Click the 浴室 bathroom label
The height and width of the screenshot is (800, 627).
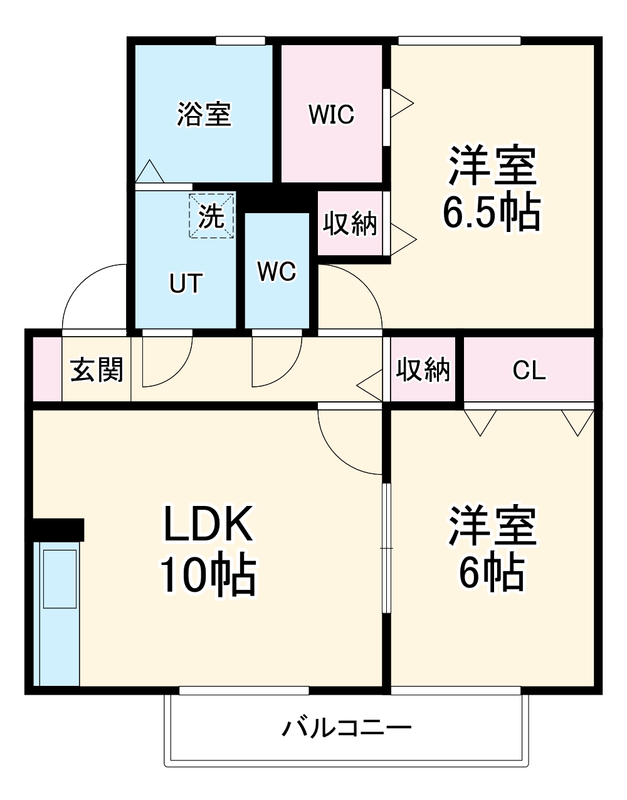tap(204, 115)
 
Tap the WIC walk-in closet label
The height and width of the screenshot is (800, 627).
tap(331, 115)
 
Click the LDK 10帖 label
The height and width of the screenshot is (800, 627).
tap(208, 549)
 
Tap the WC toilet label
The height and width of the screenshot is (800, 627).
tap(277, 271)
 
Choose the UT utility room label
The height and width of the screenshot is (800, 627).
tap(186, 283)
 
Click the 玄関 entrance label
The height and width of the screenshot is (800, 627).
tap(97, 370)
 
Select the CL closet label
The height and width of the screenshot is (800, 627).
tap(529, 370)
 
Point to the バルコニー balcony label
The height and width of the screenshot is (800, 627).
tap(347, 728)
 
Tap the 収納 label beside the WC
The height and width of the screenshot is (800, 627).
tap(350, 223)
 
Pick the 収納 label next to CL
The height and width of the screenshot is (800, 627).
tap(423, 370)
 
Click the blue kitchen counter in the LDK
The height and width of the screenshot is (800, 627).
tap(60, 614)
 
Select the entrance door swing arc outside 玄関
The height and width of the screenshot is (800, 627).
tap(94, 295)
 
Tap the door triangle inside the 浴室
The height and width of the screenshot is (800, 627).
tap(150, 172)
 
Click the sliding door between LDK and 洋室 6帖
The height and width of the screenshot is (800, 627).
tap(387, 548)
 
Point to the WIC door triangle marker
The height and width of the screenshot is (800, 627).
tap(401, 102)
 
